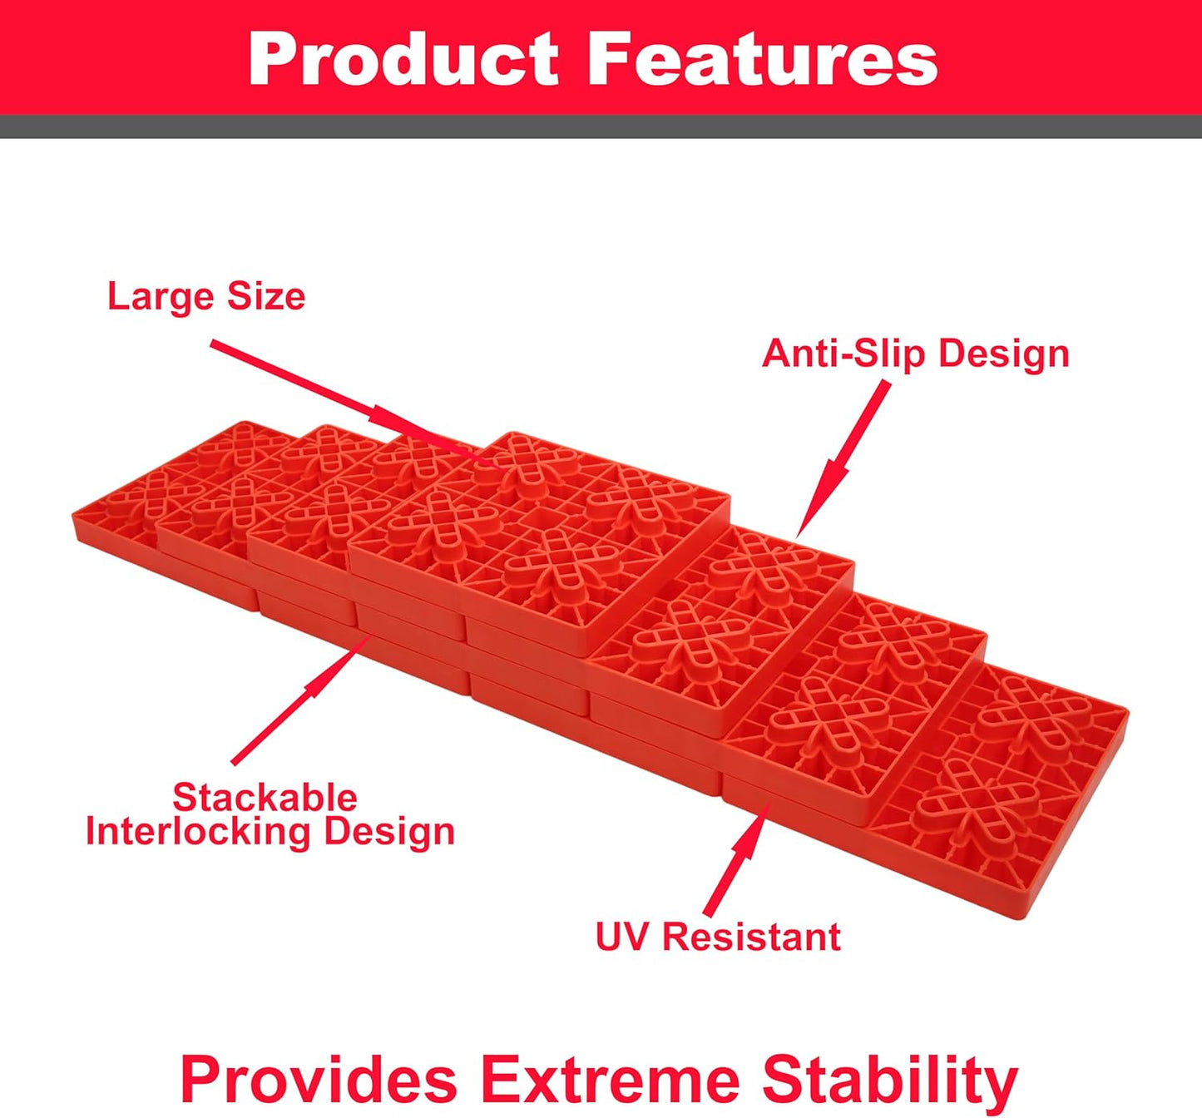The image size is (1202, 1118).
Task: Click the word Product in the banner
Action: coord(403,59)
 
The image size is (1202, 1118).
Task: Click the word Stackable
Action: coord(265,798)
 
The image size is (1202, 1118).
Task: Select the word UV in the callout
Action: coord(621,937)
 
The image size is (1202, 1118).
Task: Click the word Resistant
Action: coord(751,937)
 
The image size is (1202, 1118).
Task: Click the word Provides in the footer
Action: coord(319,1079)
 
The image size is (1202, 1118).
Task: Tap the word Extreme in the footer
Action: coord(610,1079)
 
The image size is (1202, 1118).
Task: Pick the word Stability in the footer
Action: coord(890,1079)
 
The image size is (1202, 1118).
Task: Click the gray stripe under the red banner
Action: coord(601,126)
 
